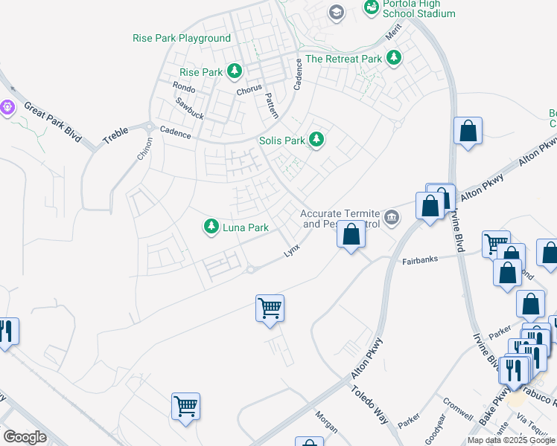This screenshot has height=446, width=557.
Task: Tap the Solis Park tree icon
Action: click(316, 139)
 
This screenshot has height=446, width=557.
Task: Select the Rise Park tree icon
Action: click(235, 71)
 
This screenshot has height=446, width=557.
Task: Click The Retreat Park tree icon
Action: click(394, 58)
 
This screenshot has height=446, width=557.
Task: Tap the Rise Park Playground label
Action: click(182, 38)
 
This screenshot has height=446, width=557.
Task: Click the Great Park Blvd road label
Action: click(51, 122)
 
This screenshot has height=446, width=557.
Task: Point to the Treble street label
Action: click(115, 135)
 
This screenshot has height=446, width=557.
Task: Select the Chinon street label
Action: click(144, 148)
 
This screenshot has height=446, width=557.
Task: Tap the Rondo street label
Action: click(183, 87)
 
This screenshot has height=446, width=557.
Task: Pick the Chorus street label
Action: click(249, 90)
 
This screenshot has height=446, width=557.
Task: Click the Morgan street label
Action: click(326, 422)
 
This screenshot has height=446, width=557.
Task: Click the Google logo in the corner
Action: click(25, 436)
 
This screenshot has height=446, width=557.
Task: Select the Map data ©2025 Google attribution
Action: click(511, 440)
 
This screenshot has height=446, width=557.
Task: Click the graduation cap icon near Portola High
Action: click(337, 11)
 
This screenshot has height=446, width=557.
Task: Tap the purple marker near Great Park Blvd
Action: click(8, 108)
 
